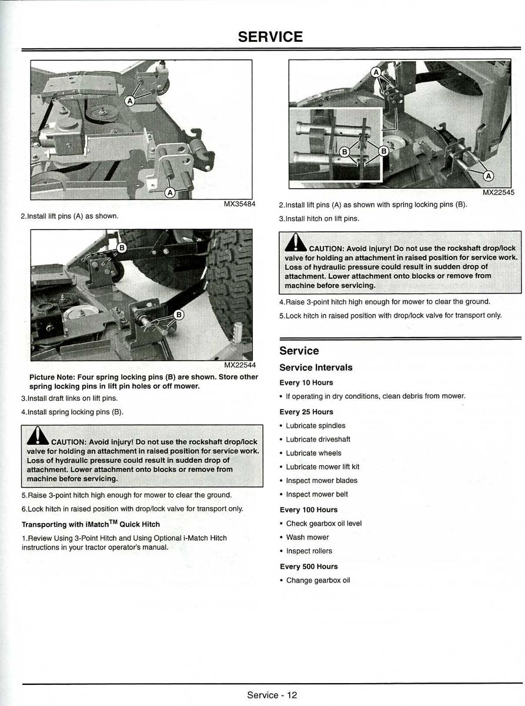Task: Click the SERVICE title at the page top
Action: click(x=270, y=37)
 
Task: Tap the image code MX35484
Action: click(x=239, y=204)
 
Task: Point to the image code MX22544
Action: click(x=239, y=365)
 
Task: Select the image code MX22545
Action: click(x=498, y=192)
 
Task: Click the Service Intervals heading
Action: click(x=316, y=368)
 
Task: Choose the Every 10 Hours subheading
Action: click(x=306, y=383)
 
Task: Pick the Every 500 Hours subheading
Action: click(x=309, y=567)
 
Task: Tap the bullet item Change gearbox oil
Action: click(x=317, y=581)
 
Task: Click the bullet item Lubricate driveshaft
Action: click(x=318, y=439)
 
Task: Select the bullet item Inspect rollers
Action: click(x=309, y=551)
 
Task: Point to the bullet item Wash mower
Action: click(x=307, y=537)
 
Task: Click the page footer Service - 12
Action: click(x=272, y=695)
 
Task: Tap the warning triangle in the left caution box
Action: click(x=38, y=436)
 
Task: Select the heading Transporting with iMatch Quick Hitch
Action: click(x=91, y=524)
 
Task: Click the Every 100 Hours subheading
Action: click(x=309, y=510)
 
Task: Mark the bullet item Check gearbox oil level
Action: click(x=323, y=524)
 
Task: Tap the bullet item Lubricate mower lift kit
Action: click(x=322, y=467)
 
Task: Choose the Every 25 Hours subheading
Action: click(x=306, y=412)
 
